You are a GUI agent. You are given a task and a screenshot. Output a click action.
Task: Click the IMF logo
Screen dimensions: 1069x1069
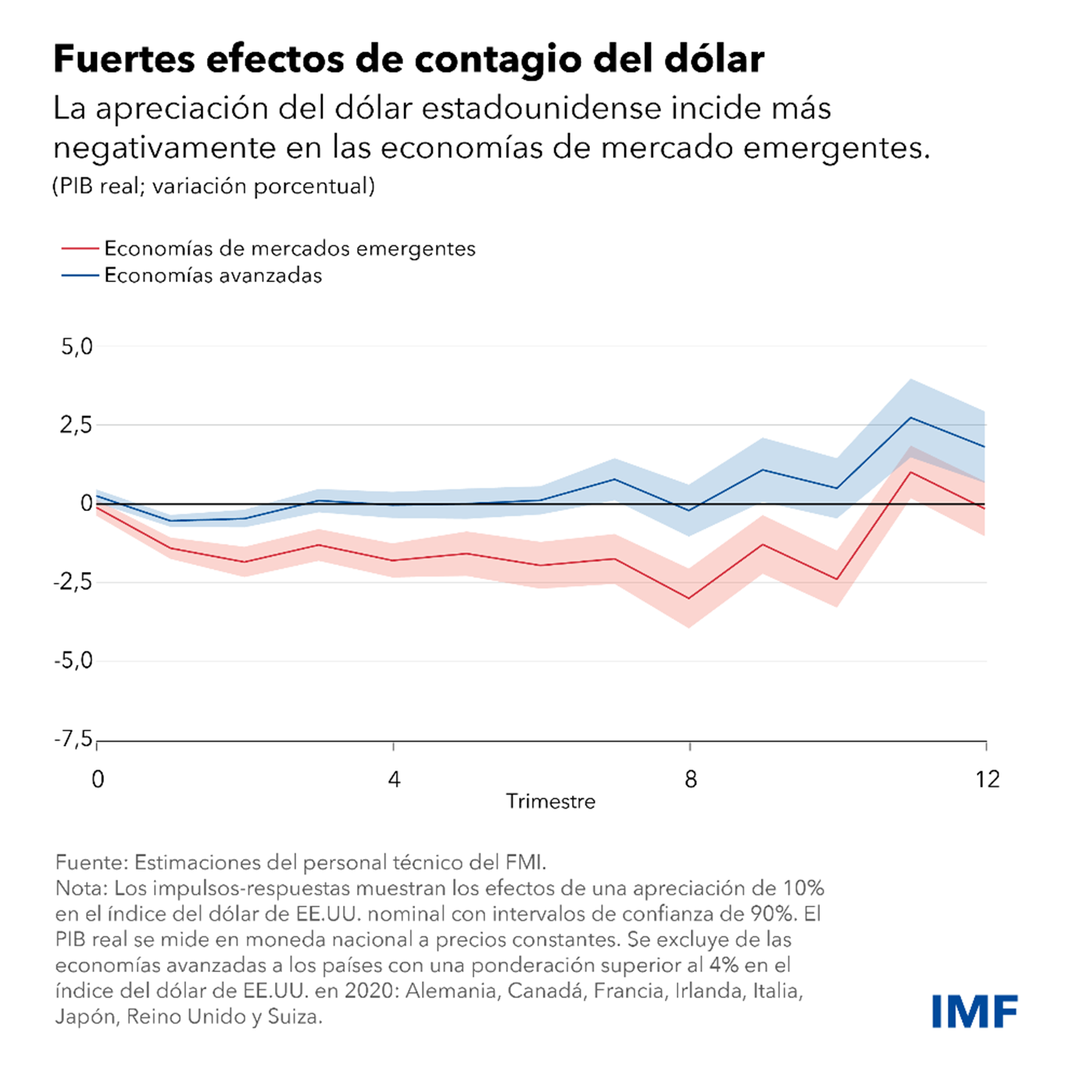tap(974, 1011)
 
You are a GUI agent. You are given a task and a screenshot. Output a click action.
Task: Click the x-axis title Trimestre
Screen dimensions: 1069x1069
tap(550, 802)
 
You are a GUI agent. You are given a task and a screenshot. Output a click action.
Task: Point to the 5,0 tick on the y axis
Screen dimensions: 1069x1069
tap(77, 347)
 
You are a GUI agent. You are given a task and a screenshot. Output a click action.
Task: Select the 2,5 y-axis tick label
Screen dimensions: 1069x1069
tap(77, 426)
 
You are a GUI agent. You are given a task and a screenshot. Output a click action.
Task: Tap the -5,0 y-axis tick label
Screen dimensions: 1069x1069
tap(73, 661)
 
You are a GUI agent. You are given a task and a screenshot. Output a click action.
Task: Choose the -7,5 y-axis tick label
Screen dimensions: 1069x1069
tap(73, 739)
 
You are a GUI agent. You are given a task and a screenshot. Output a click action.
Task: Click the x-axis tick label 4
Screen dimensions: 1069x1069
tap(394, 779)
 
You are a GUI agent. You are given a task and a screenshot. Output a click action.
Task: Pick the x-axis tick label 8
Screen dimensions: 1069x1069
tap(690, 779)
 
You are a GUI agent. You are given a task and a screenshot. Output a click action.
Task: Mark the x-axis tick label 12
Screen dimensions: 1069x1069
tap(987, 779)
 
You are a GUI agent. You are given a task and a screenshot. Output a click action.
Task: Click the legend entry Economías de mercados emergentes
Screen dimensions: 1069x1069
tap(289, 248)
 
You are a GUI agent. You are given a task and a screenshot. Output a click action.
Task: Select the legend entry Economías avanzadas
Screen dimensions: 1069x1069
tap(213, 275)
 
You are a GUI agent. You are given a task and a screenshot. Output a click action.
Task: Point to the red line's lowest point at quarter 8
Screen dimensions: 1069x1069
tap(689, 599)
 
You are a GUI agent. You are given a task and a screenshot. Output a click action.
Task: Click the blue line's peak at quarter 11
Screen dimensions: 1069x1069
tap(911, 417)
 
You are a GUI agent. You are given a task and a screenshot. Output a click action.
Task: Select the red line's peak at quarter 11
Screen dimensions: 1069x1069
tap(911, 472)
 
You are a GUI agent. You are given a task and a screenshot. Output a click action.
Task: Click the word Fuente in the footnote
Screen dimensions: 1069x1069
tap(91, 863)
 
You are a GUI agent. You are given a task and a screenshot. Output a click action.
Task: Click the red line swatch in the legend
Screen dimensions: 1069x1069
tap(80, 248)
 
